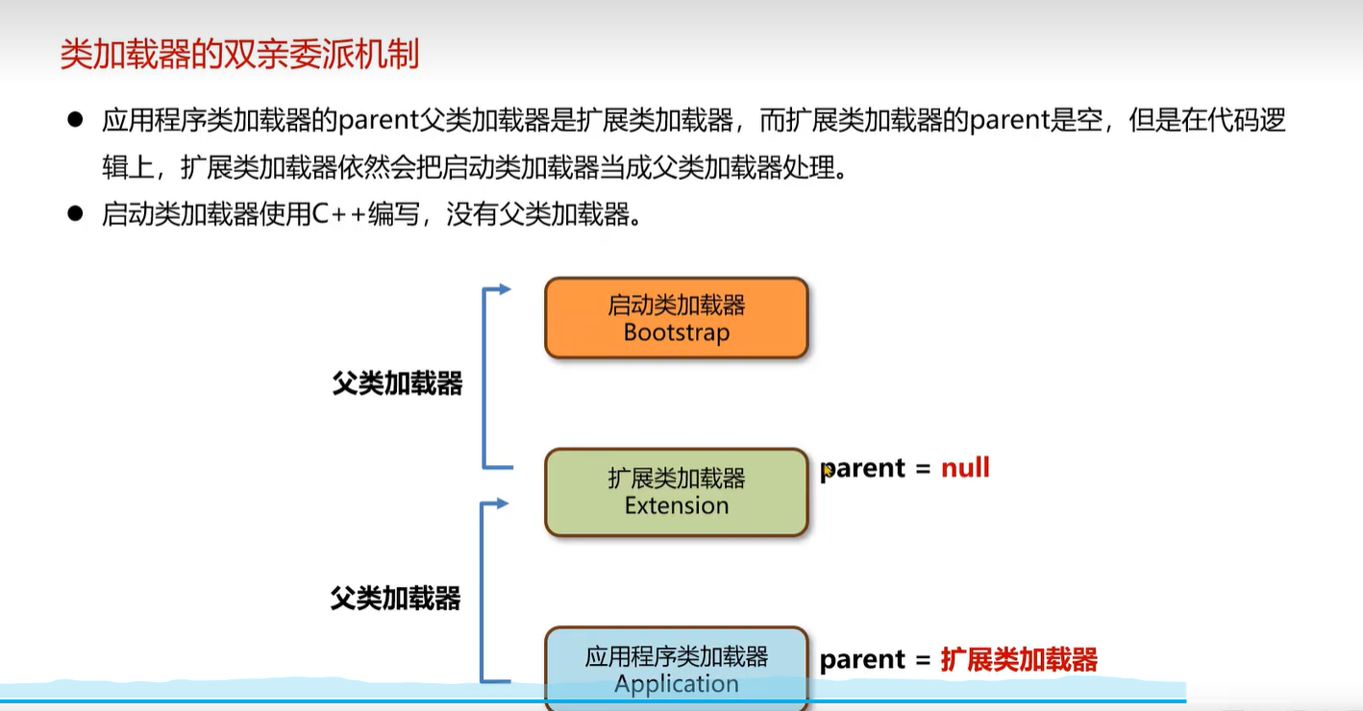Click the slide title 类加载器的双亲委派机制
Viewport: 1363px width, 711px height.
pyautogui.click(x=239, y=55)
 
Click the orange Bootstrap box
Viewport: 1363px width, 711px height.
pyautogui.click(x=676, y=318)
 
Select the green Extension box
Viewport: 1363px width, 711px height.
pyautogui.click(x=676, y=491)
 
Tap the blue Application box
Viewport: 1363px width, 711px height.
pyautogui.click(x=676, y=669)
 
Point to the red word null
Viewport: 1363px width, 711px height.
pyautogui.click(x=965, y=468)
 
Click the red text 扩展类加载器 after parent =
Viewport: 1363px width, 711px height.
pyautogui.click(x=1019, y=659)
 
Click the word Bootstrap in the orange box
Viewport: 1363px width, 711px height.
pyautogui.click(x=676, y=332)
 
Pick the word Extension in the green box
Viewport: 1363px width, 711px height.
pyautogui.click(x=676, y=505)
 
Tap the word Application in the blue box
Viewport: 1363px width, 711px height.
pyautogui.click(x=676, y=684)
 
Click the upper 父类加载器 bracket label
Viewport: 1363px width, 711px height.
pyautogui.click(x=397, y=384)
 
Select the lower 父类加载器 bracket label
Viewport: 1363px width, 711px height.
pyautogui.click(x=395, y=599)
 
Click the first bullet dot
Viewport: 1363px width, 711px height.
pyautogui.click(x=76, y=120)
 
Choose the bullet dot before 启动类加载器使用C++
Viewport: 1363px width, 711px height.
pyautogui.click(x=76, y=213)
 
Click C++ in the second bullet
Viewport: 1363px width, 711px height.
pyautogui.click(x=339, y=214)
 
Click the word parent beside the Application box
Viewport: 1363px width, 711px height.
pyautogui.click(x=862, y=660)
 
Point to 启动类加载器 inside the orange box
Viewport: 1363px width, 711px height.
pyautogui.click(x=676, y=306)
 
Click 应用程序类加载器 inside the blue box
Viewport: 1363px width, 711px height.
pyautogui.click(x=676, y=657)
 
